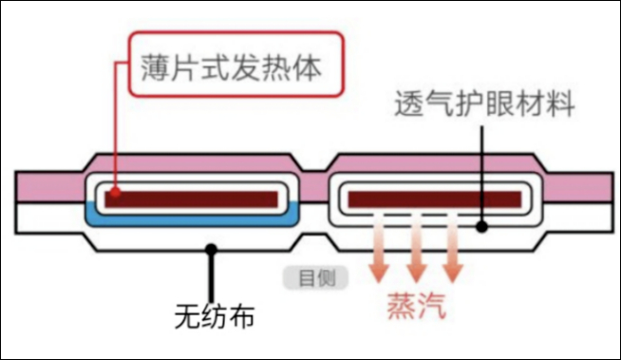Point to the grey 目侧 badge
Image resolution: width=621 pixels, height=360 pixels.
coord(315,277)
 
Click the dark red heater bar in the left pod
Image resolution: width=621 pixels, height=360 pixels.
coord(195,199)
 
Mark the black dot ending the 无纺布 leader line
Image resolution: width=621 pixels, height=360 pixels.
coord(212,250)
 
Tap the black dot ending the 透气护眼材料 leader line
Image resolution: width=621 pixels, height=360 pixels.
coord(483,227)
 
